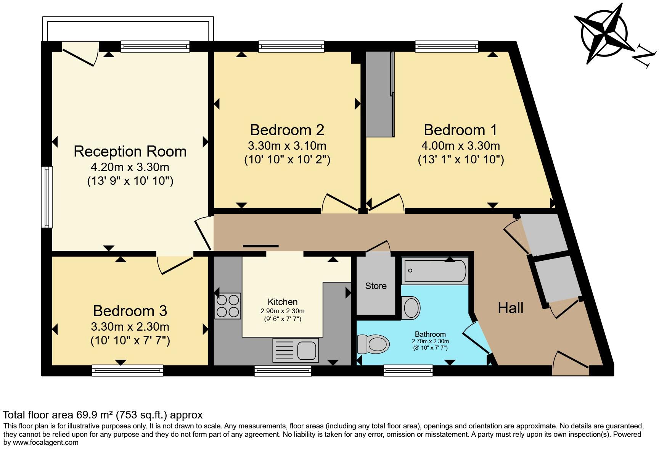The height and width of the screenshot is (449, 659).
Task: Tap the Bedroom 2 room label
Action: pos(287,130)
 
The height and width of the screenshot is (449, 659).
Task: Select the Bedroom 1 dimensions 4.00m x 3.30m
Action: pos(461,145)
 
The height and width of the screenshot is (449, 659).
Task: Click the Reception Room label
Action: pos(130,151)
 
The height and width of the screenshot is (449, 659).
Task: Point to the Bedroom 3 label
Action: pos(130,311)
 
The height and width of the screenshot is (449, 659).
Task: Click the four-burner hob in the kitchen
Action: pos(228,306)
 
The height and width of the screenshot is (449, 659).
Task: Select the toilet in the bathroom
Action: pos(374,344)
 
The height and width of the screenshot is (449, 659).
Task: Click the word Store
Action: pos(376,286)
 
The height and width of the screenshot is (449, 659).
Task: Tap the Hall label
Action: pos(511,308)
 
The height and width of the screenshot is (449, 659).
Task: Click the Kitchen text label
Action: pos(283,302)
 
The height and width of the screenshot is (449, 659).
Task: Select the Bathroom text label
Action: pos(430,334)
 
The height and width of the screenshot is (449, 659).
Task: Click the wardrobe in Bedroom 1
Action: pos(380,94)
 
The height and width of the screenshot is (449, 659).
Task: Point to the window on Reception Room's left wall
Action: pos(47,197)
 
